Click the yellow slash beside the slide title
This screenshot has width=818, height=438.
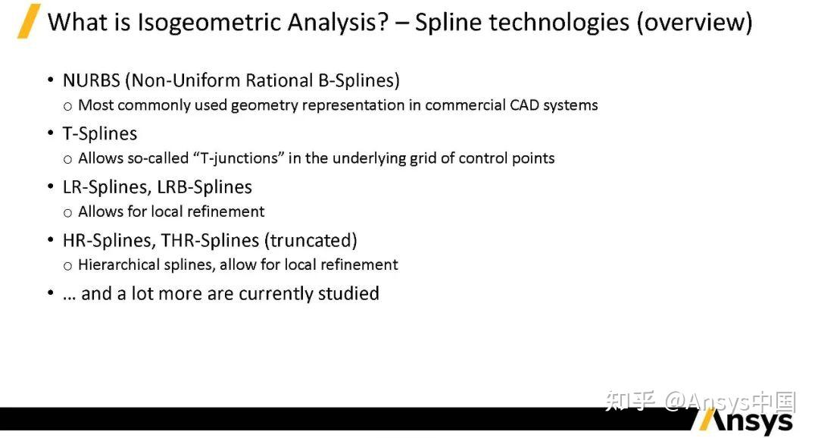[30, 21]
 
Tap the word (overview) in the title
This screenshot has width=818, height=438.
[695, 23]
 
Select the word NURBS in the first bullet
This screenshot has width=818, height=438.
[92, 80]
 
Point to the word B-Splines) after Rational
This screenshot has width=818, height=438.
[359, 80]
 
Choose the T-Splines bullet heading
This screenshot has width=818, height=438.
[100, 134]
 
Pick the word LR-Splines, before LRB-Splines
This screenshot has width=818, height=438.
[108, 187]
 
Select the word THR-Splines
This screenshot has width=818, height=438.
[210, 240]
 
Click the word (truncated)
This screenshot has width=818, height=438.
[311, 240]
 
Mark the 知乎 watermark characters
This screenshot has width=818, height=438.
[629, 401]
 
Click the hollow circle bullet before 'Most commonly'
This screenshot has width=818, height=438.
[68, 107]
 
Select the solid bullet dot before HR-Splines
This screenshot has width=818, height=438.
[51, 239]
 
